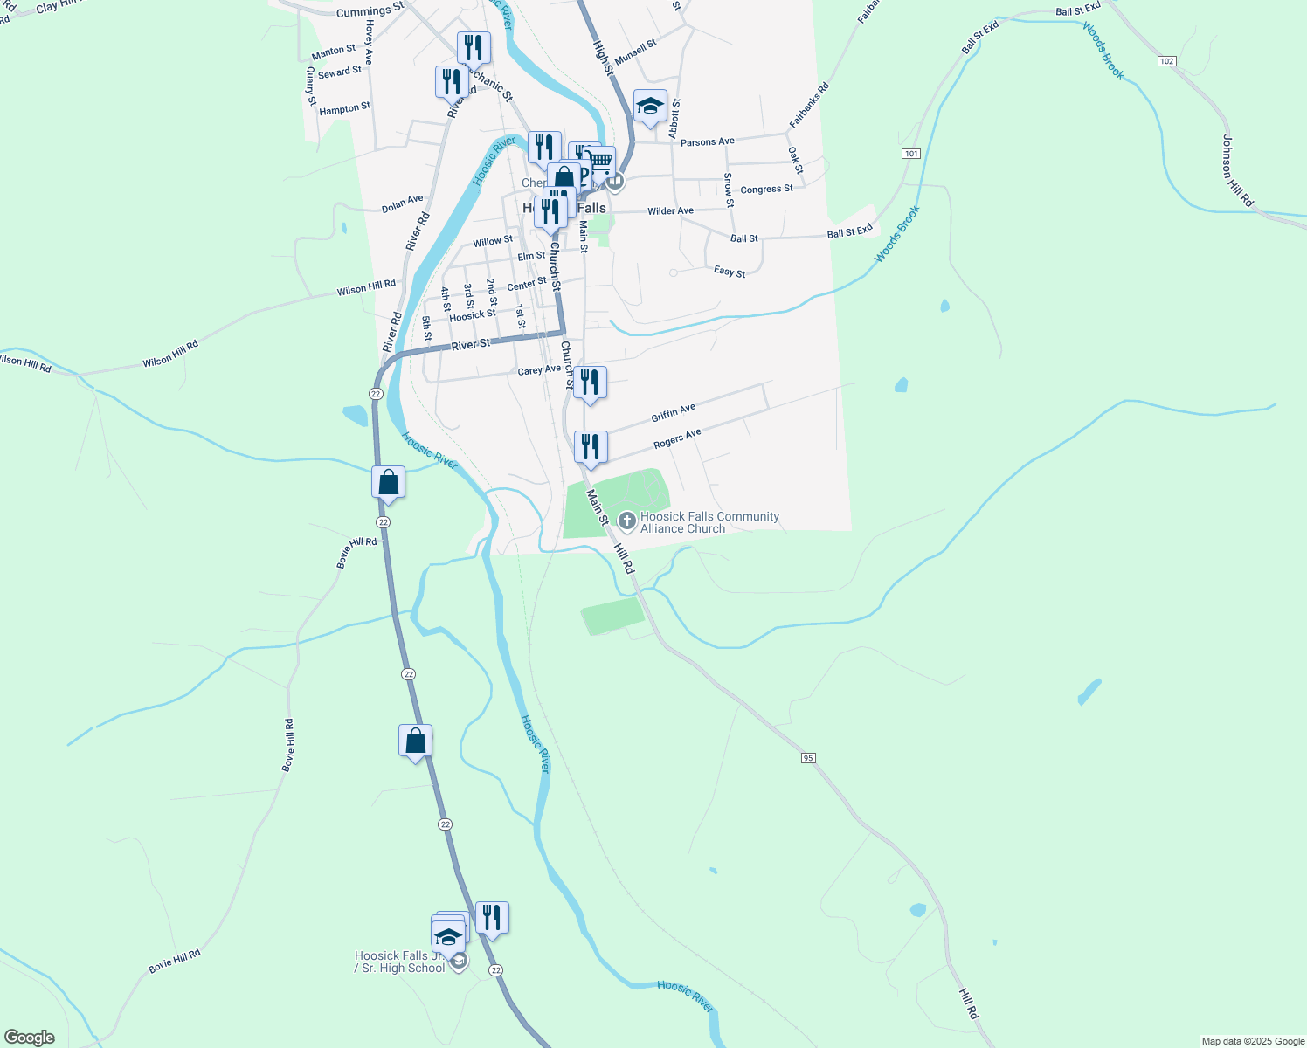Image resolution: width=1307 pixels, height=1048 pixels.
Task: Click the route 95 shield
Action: click(x=808, y=758)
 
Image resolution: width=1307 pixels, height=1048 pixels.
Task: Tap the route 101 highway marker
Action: click(x=911, y=154)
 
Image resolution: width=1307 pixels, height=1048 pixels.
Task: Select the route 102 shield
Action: click(x=1166, y=61)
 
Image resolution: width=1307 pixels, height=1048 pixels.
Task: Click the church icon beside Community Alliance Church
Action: click(x=626, y=521)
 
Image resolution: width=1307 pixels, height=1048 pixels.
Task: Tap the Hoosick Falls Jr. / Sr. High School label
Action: click(x=400, y=962)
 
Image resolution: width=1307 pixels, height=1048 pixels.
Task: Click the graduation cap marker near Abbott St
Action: click(x=650, y=107)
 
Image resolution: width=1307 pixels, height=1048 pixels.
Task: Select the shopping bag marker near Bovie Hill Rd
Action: click(x=388, y=483)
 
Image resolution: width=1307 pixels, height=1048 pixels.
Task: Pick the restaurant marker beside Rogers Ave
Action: click(x=591, y=448)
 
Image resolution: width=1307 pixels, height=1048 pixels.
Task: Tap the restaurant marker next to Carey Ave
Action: click(x=590, y=383)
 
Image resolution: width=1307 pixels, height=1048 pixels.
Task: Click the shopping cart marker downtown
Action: click(x=599, y=162)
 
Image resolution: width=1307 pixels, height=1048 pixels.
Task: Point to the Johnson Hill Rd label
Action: click(x=1237, y=170)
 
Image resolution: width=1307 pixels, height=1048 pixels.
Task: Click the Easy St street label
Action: click(x=730, y=272)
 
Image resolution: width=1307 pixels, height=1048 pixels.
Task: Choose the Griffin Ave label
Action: click(x=673, y=413)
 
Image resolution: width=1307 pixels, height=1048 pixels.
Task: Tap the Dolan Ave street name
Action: click(x=402, y=204)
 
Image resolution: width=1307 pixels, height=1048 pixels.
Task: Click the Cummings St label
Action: click(x=370, y=11)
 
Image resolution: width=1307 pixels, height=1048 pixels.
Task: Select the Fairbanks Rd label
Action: click(x=809, y=106)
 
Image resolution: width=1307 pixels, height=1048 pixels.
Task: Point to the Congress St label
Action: click(x=766, y=190)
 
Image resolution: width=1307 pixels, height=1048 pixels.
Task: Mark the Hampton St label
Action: click(x=344, y=109)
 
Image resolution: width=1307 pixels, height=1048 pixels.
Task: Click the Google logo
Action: click(x=30, y=1038)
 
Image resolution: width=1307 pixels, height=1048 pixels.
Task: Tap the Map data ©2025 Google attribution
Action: click(x=1253, y=1041)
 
